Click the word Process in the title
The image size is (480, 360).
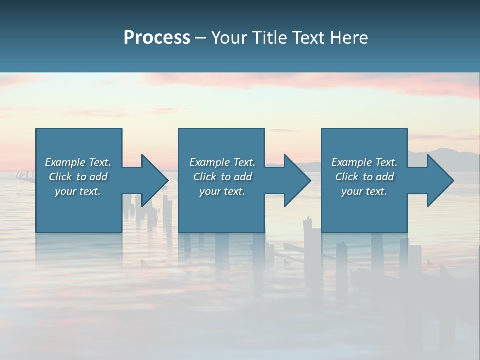coord(157,38)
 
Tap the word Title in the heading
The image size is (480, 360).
coord(268,38)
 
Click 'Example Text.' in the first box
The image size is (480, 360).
coord(78,162)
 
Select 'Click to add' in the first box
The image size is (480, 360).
coord(78,177)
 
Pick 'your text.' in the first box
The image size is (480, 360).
coord(78,191)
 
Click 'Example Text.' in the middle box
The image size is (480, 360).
coord(222,162)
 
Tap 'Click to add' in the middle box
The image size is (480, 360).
coord(222,177)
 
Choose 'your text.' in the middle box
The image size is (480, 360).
coord(222,191)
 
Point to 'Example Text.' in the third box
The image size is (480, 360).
coord(364,162)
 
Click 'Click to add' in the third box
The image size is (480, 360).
coord(364,177)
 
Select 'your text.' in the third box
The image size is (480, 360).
coord(364,191)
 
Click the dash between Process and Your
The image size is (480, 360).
coord(201,38)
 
